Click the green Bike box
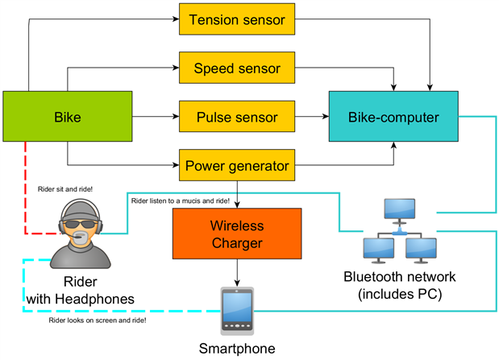[x=68, y=118]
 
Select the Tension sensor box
[x=237, y=19]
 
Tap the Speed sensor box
[x=237, y=68]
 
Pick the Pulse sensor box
[x=237, y=118]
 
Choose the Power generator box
[x=237, y=167]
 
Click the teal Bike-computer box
[x=393, y=118]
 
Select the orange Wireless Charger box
[x=237, y=234]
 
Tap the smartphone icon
[x=237, y=312]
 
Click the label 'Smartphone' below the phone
[x=237, y=350]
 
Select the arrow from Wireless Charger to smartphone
[x=237, y=274]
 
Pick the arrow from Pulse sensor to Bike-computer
[x=311, y=118]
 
